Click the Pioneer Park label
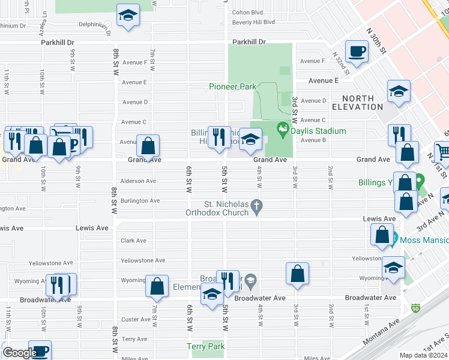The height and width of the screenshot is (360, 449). [232, 87]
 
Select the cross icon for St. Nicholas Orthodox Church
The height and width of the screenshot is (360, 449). [257, 207]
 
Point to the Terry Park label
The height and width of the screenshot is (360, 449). [205, 347]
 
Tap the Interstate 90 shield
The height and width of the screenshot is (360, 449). [415, 308]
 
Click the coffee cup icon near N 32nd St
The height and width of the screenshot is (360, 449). [357, 52]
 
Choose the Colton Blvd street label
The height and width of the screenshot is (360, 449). [247, 12]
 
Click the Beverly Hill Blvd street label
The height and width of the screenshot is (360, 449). [253, 22]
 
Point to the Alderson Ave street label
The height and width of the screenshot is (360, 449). [138, 181]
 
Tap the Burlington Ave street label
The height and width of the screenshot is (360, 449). [140, 201]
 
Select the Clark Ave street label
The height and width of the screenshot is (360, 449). [133, 241]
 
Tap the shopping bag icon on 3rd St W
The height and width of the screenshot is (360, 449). [297, 274]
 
